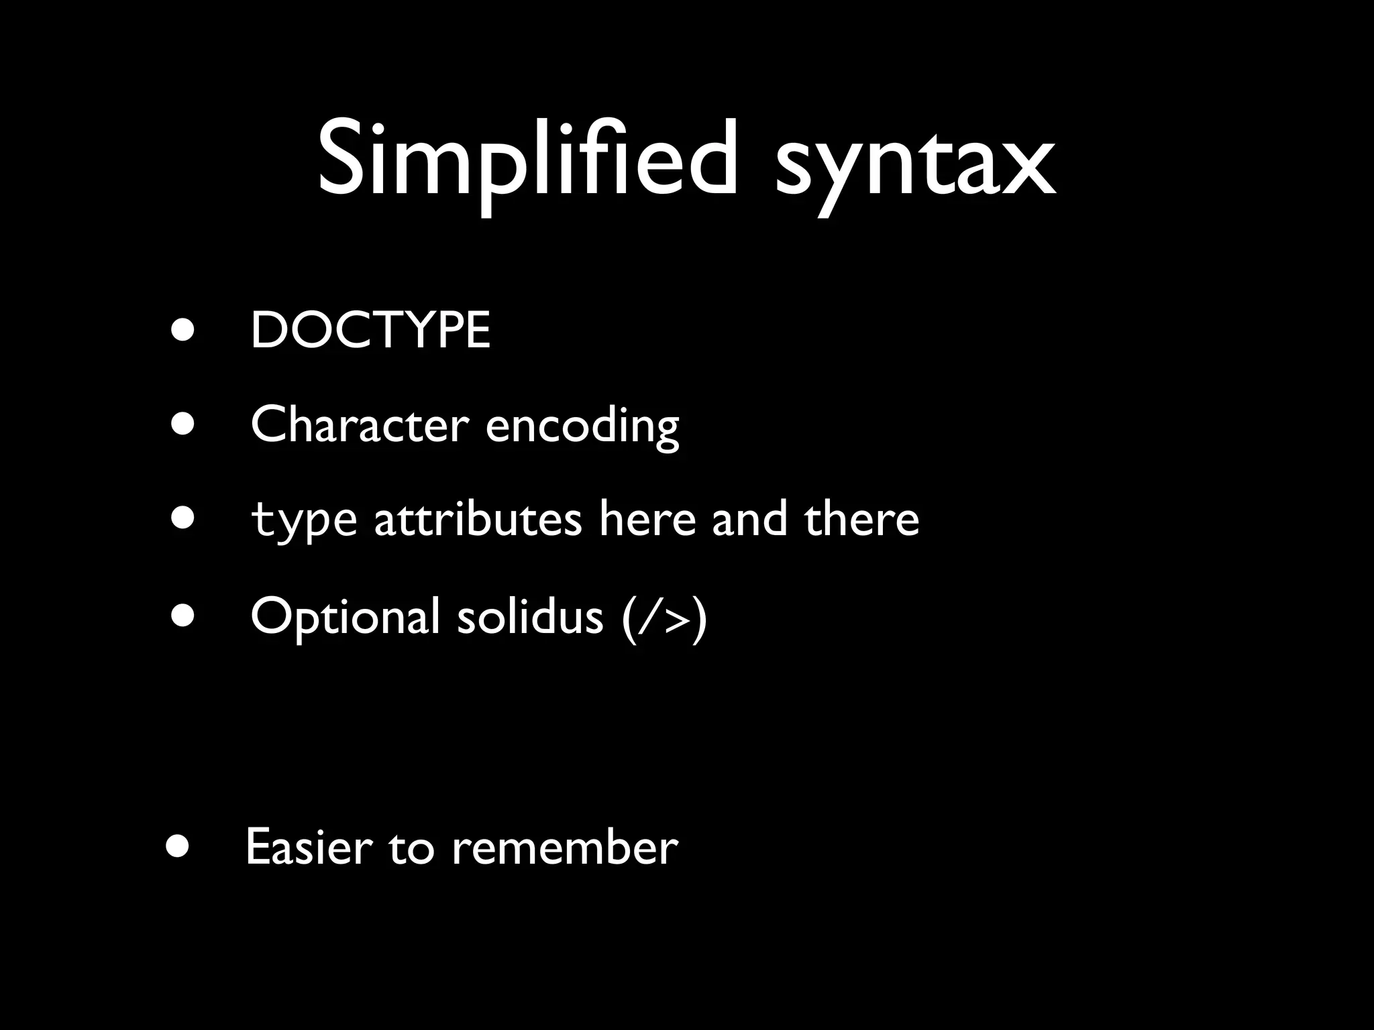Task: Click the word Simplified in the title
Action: point(527,161)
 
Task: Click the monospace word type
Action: point(303,521)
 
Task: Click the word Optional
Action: point(345,617)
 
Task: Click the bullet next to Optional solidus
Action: point(182,614)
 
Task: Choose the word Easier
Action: point(309,848)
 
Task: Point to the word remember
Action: point(565,848)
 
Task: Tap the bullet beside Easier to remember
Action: point(178,846)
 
